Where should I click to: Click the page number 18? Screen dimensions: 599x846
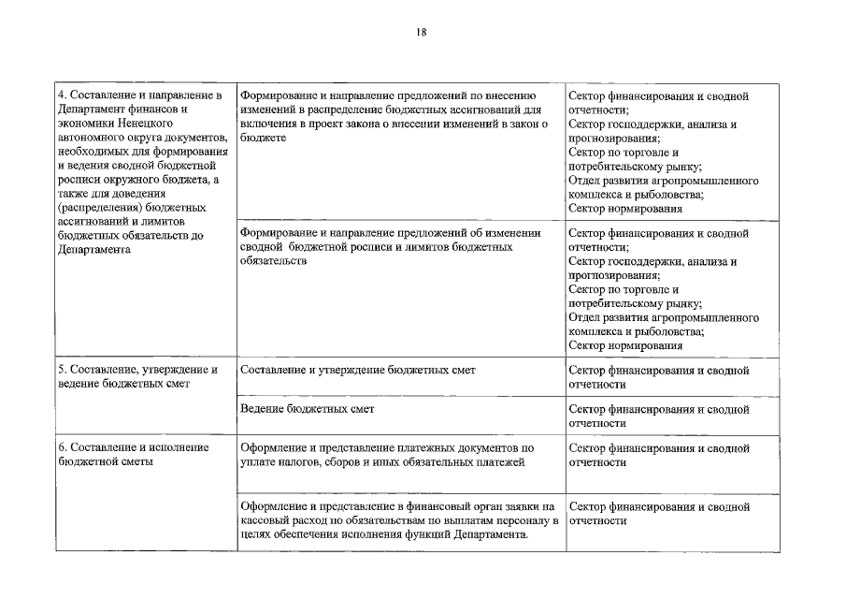pos(423,32)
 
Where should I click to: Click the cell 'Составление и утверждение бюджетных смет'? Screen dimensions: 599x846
pos(358,371)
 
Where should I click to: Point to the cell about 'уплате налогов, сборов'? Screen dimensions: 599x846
pos(386,455)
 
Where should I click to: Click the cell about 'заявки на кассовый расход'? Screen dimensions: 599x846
pos(398,520)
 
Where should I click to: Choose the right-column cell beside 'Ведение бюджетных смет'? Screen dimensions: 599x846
pos(658,416)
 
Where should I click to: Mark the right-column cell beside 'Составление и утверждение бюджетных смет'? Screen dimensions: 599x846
pos(658,377)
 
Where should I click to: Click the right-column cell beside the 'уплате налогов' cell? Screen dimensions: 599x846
pos(658,455)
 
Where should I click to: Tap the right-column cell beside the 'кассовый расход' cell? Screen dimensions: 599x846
pos(658,514)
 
